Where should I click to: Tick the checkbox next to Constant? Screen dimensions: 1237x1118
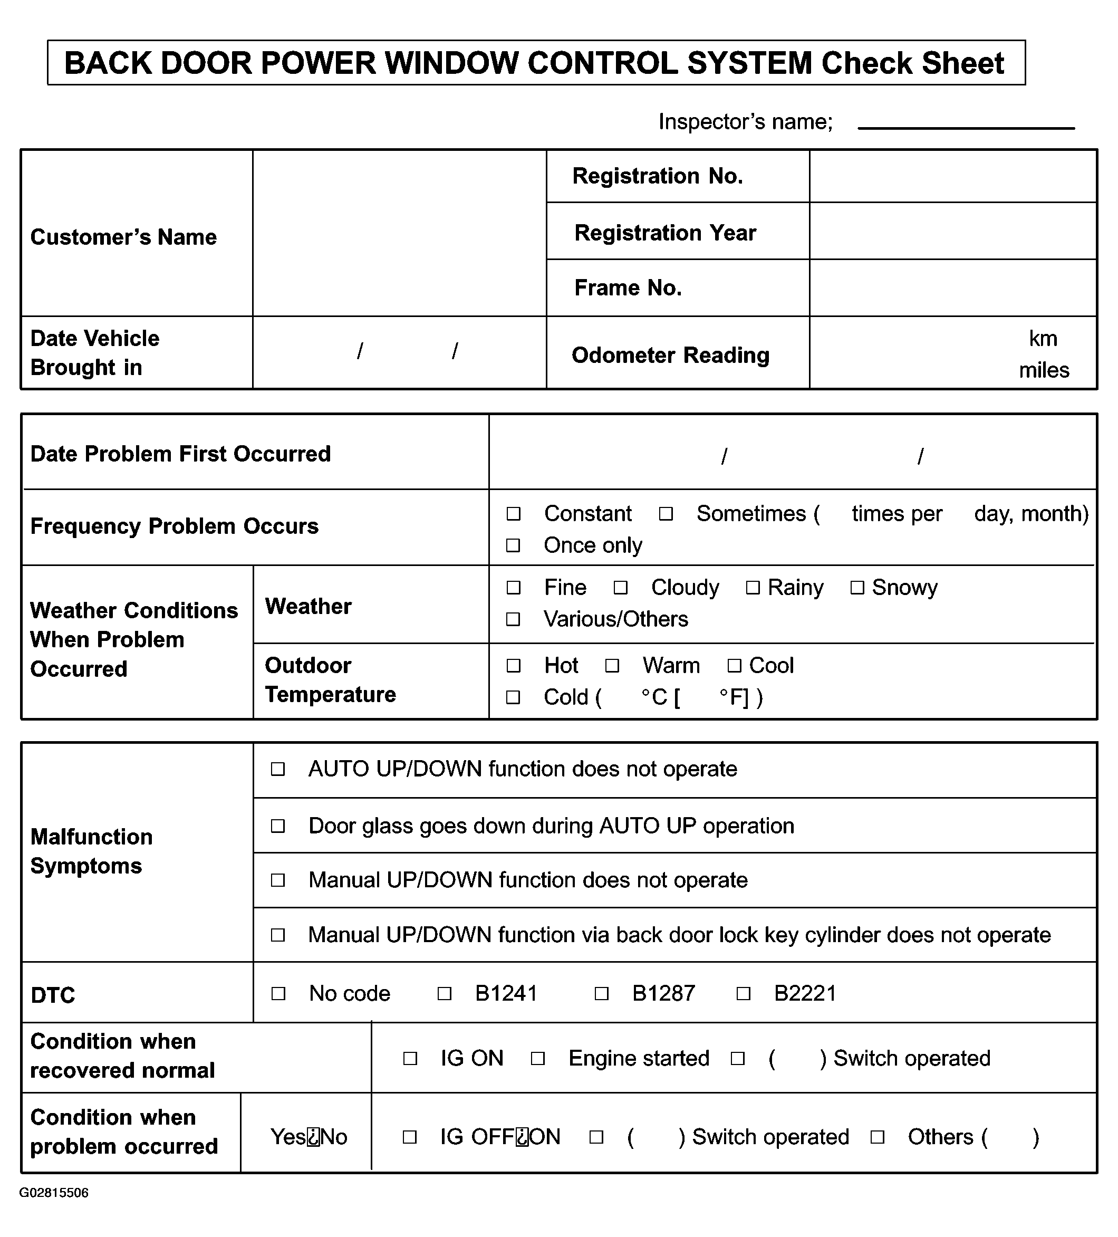coord(513,514)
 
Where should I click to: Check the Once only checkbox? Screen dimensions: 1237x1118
coord(513,545)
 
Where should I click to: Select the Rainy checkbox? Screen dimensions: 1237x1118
coord(753,588)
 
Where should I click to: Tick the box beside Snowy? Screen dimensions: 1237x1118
coord(857,588)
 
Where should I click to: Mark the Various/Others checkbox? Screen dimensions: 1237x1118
coord(513,620)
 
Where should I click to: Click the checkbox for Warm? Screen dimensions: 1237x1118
coord(612,666)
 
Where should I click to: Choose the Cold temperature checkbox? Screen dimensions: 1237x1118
coord(513,698)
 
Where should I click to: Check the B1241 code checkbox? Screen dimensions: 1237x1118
coord(445,993)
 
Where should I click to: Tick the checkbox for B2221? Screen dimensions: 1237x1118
coord(743,993)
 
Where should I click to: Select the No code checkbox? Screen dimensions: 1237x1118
coord(278,993)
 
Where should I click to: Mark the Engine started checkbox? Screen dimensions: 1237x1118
coord(538,1059)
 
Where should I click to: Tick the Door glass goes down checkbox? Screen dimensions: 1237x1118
coord(278,827)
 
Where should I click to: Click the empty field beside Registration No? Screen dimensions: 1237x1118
coord(952,176)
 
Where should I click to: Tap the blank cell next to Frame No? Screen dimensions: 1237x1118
coord(952,288)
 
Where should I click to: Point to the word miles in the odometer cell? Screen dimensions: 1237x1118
coord(1044,371)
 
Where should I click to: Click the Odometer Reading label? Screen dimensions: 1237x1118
coord(670,355)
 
